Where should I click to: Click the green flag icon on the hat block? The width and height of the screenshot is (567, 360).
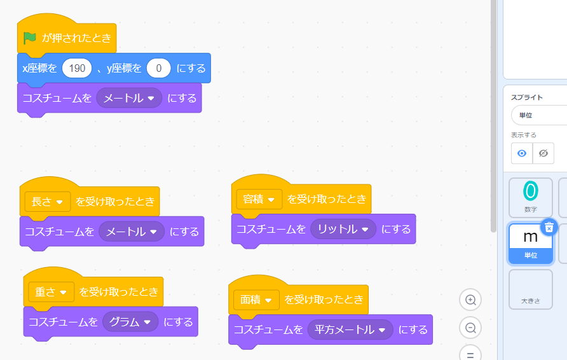[29, 38]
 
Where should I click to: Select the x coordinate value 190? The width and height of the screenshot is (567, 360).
[77, 68]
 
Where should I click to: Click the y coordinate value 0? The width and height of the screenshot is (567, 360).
[158, 68]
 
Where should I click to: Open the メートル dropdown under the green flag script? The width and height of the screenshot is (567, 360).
[129, 99]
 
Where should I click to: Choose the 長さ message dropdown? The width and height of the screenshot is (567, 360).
[47, 202]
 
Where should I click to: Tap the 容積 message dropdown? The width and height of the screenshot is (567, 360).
[259, 199]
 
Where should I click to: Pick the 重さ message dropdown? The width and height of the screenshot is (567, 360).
[51, 292]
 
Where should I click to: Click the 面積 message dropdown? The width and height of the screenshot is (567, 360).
[256, 300]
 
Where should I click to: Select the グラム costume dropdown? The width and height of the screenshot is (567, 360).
[130, 322]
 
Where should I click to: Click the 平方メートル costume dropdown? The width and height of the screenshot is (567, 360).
[347, 329]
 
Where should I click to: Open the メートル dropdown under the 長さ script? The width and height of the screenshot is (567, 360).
[132, 232]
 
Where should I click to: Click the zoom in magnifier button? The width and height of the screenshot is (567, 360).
[470, 300]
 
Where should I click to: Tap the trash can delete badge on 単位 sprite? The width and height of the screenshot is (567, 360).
[549, 227]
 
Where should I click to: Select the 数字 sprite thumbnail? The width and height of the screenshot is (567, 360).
[530, 197]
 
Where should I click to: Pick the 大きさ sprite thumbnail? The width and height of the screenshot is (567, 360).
[530, 289]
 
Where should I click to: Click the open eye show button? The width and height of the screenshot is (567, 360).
[521, 153]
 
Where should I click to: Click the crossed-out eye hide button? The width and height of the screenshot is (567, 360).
[543, 153]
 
